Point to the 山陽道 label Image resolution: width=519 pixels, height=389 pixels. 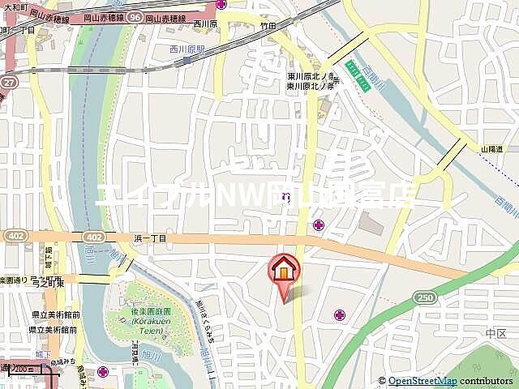(492, 149)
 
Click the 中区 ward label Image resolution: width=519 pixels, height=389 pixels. (495, 333)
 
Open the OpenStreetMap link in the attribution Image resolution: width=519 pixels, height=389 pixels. (422, 381)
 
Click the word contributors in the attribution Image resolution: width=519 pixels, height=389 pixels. (487, 381)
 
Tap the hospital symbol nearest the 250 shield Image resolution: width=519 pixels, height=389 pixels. (337, 314)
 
